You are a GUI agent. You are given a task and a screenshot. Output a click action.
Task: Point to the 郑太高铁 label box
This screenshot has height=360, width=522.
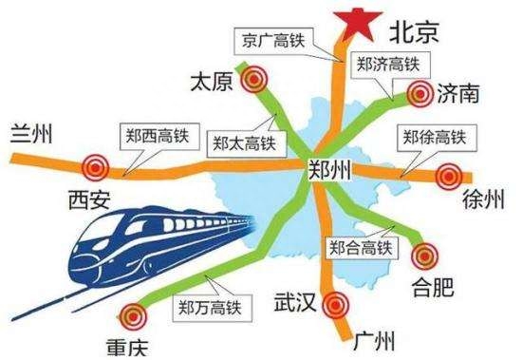point(243,144)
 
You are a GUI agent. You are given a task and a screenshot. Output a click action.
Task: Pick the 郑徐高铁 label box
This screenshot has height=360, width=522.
point(436,139)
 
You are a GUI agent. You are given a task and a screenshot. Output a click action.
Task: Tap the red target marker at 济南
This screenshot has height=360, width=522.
point(420,93)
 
